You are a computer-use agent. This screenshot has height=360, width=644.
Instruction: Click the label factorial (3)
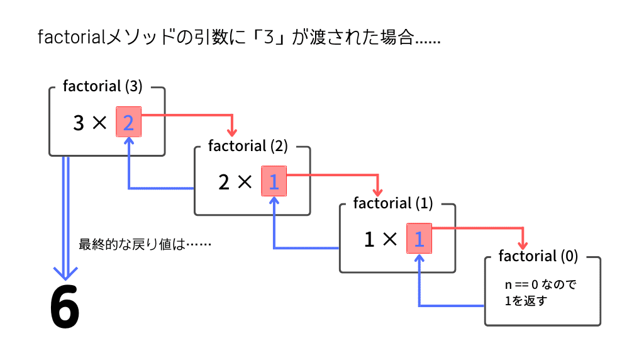click(103, 86)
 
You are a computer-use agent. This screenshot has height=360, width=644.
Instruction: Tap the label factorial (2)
click(248, 146)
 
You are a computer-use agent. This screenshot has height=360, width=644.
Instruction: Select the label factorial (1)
click(393, 203)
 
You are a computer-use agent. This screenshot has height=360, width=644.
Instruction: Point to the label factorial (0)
click(538, 256)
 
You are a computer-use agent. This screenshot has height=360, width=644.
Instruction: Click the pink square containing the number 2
click(128, 123)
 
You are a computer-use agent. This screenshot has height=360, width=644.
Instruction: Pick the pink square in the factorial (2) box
click(274, 182)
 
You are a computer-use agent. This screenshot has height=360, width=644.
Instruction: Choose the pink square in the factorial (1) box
click(419, 239)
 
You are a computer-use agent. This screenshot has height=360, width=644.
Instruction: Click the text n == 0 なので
click(541, 284)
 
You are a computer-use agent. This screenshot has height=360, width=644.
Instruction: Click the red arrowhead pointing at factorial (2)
click(232, 132)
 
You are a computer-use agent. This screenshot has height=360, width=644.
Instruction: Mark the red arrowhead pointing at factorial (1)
click(377, 191)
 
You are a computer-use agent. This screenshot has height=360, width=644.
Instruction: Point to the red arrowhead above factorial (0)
click(523, 245)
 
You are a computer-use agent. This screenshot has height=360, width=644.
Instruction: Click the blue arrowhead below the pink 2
click(128, 142)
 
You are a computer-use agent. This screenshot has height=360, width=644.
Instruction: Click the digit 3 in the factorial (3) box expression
click(79, 123)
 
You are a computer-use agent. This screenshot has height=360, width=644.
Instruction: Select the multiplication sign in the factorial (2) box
click(244, 183)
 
